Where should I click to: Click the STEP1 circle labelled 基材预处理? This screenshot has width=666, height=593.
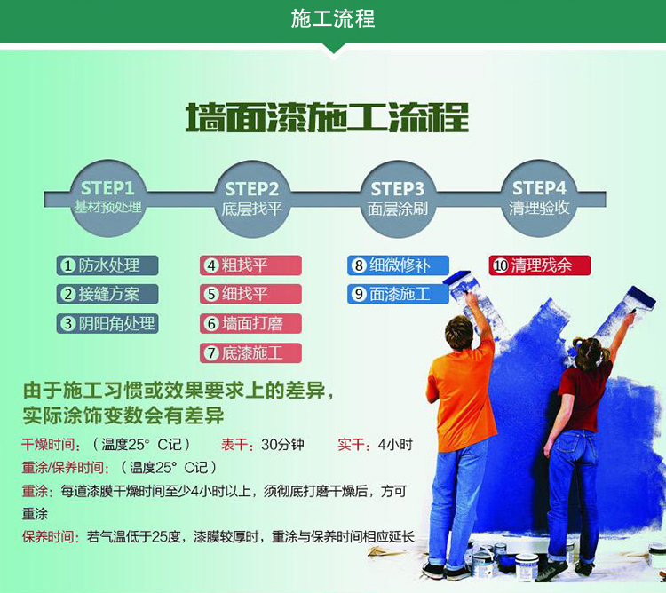pyautogui.click(x=107, y=198)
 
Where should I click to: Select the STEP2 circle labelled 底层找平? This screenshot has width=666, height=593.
pyautogui.click(x=251, y=199)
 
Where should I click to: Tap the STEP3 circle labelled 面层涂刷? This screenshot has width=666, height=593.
pyautogui.click(x=398, y=199)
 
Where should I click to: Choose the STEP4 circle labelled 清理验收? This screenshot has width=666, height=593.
pyautogui.click(x=539, y=198)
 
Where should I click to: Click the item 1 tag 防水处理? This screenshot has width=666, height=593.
pyautogui.click(x=107, y=265)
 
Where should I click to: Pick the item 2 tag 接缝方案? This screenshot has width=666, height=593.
pyautogui.click(x=107, y=294)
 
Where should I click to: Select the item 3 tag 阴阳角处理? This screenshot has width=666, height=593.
pyautogui.click(x=107, y=323)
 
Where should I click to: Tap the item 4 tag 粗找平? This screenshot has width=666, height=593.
pyautogui.click(x=250, y=265)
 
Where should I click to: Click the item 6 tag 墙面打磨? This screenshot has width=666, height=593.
pyautogui.click(x=250, y=323)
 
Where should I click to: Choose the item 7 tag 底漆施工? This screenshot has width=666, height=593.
pyautogui.click(x=250, y=353)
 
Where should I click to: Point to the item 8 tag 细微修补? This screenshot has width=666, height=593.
pyautogui.click(x=398, y=265)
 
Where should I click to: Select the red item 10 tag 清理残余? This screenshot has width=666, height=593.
pyautogui.click(x=539, y=265)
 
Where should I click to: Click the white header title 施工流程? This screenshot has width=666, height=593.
pyautogui.click(x=333, y=20)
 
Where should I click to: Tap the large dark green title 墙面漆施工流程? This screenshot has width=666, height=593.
pyautogui.click(x=327, y=117)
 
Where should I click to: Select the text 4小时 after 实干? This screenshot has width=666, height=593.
pyautogui.click(x=395, y=445)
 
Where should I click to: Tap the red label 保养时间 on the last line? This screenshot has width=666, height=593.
pyautogui.click(x=49, y=537)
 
